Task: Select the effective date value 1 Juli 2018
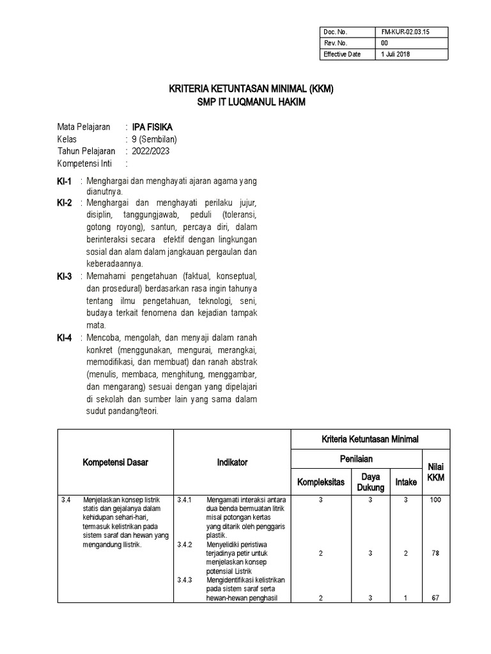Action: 396,54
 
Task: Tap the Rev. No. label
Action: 335,43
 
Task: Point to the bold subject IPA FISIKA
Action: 152,127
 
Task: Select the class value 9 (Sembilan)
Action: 154,139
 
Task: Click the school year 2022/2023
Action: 151,151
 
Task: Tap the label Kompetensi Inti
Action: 84,163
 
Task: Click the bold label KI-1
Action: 65,181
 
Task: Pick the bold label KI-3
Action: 65,276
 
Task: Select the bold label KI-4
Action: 65,337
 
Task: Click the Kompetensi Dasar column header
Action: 115,462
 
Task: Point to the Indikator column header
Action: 232,462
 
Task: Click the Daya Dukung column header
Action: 371,482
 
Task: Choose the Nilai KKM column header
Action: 435,473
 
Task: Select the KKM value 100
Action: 435,500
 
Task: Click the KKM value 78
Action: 435,554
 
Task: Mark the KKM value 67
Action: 435,598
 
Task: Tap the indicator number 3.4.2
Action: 185,545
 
